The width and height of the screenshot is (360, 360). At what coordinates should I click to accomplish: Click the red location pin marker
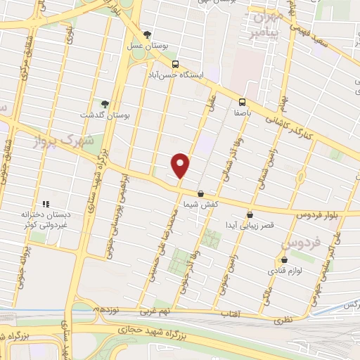point(181,165)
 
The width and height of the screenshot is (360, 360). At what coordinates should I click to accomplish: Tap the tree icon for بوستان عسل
point(147,34)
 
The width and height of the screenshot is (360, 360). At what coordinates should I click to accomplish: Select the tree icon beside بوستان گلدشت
point(105,104)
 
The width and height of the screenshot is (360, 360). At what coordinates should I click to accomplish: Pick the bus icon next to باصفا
point(242,101)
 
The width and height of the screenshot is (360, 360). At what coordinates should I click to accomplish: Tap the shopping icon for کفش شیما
point(201,193)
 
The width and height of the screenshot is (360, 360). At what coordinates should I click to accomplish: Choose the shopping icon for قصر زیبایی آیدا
point(250,215)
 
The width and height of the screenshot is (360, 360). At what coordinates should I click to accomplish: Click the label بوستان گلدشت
point(102,115)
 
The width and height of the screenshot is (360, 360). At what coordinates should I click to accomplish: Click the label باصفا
point(243,111)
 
